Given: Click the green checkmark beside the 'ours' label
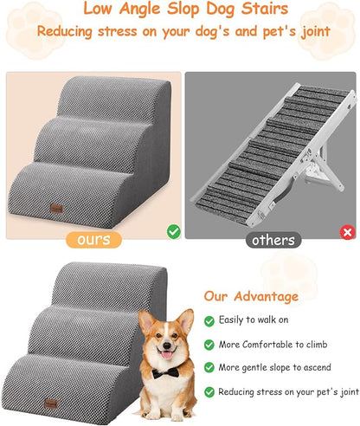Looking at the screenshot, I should [x=174, y=232].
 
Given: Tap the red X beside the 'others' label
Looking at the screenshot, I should [x=347, y=232].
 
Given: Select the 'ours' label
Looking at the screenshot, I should [x=92, y=239].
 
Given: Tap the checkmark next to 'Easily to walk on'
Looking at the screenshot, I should [x=209, y=320].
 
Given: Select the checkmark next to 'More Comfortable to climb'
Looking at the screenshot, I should [x=209, y=344].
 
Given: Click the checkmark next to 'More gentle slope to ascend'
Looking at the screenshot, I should [x=209, y=368].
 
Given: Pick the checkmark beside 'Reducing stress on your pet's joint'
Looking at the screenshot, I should [x=209, y=392].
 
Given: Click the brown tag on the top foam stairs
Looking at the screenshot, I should [x=57, y=207].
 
